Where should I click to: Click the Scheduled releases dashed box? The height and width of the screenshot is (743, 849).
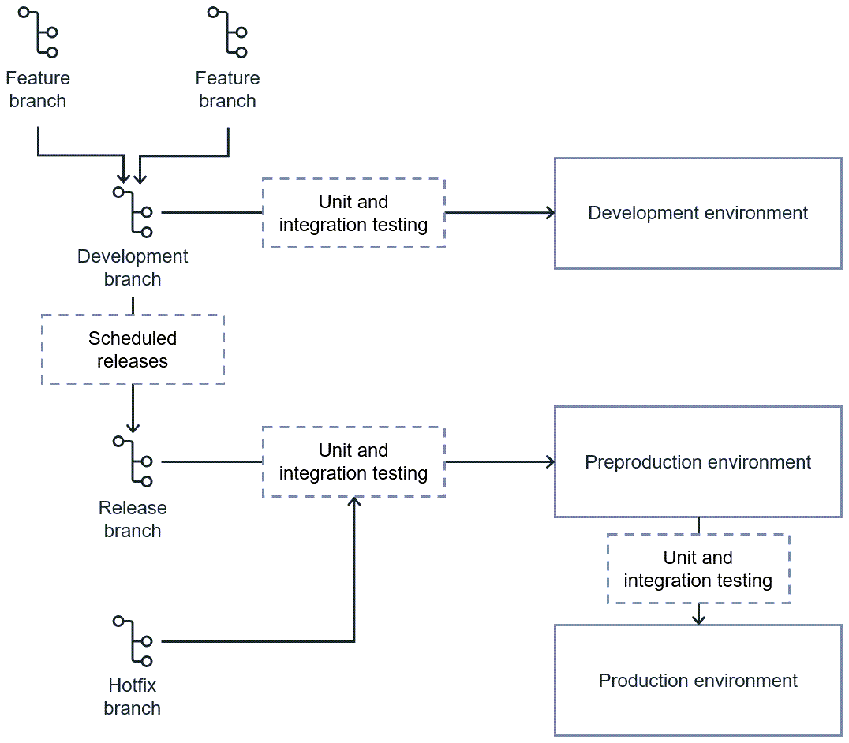(x=133, y=349)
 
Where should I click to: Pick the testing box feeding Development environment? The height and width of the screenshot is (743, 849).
(x=353, y=213)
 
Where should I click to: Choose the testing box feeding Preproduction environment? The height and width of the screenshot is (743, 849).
(x=353, y=462)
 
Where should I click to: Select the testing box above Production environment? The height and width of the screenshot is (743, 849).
(x=698, y=569)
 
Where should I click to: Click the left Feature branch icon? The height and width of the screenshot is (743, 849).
(x=39, y=32)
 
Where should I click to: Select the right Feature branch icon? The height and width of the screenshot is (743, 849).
(x=228, y=32)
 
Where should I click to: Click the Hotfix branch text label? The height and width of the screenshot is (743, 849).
(x=133, y=697)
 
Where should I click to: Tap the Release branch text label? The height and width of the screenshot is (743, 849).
(x=133, y=519)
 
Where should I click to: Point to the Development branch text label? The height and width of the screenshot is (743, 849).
(x=133, y=267)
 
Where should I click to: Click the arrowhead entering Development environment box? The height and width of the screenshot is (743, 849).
(x=550, y=213)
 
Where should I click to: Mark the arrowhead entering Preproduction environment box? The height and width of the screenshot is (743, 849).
(x=550, y=462)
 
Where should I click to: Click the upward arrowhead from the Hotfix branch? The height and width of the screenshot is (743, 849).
(x=353, y=502)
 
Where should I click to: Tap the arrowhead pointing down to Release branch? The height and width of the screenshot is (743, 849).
(x=133, y=428)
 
